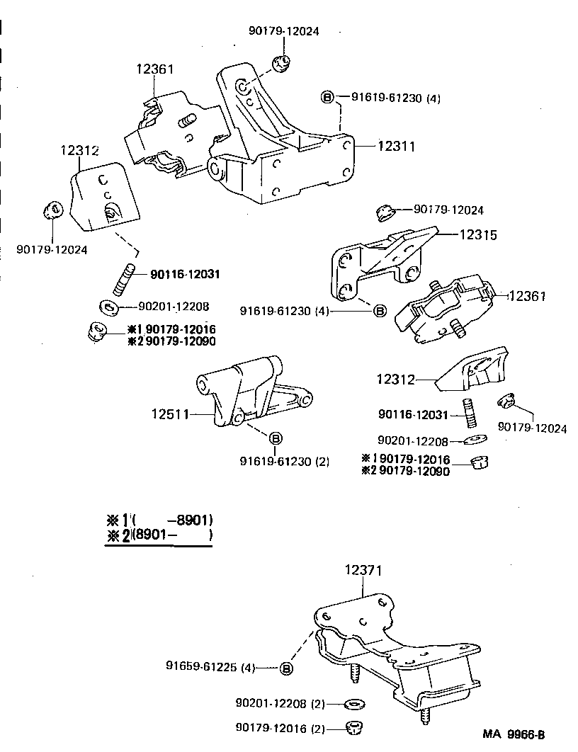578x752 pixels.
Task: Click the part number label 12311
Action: point(395,147)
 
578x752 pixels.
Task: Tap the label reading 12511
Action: point(170,414)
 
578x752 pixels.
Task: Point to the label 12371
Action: point(364,570)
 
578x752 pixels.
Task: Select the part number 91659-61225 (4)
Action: point(210,666)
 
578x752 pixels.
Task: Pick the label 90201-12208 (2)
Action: point(279,704)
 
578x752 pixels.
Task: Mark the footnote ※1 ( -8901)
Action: point(159,520)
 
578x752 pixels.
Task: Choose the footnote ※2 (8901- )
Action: point(159,535)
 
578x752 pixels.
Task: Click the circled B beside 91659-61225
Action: point(287,667)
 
